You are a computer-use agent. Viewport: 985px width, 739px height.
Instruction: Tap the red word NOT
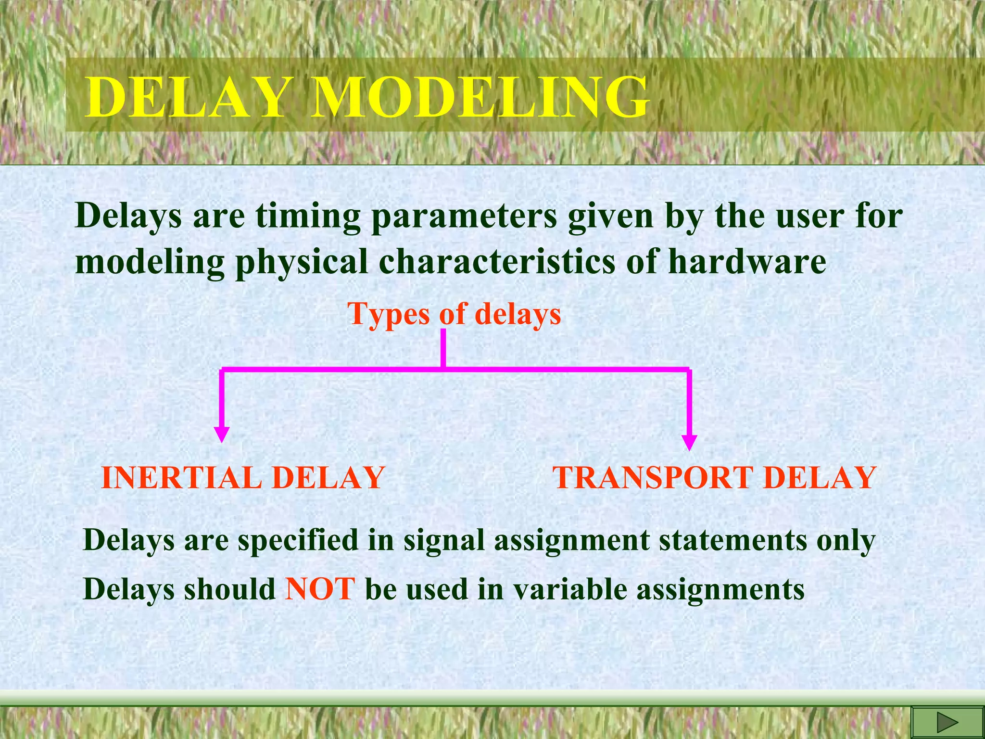320,588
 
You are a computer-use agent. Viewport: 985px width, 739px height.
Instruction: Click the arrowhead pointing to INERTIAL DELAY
221,434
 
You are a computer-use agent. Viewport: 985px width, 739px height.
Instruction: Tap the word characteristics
497,262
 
